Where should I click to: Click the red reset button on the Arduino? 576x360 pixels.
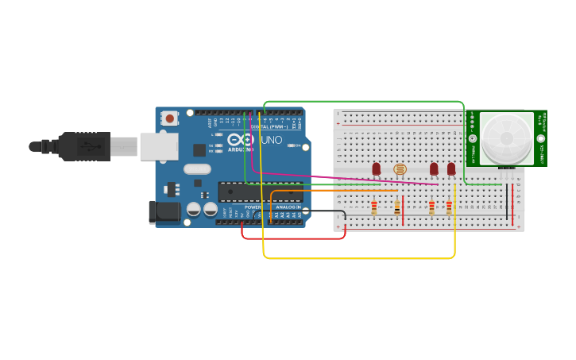[169, 118]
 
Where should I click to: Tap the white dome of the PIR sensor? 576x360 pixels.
[506, 138]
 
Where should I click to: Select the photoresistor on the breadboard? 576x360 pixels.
[400, 169]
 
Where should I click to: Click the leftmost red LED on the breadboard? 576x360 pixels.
[377, 168]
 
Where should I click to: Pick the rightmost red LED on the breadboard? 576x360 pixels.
[451, 168]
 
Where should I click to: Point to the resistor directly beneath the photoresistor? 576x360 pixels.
[397, 207]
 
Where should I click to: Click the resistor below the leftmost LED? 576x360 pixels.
[374, 207]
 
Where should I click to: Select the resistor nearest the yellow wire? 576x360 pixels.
[449, 207]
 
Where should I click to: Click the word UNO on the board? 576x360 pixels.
[272, 140]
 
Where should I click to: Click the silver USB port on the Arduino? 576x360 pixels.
[158, 146]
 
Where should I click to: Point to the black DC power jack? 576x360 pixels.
[164, 211]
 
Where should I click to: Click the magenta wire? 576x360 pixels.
[342, 176]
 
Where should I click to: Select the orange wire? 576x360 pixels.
[334, 191]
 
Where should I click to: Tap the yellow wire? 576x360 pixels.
[358, 258]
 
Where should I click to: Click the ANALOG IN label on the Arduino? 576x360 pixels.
[288, 207]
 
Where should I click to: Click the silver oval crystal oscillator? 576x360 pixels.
[197, 168]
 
